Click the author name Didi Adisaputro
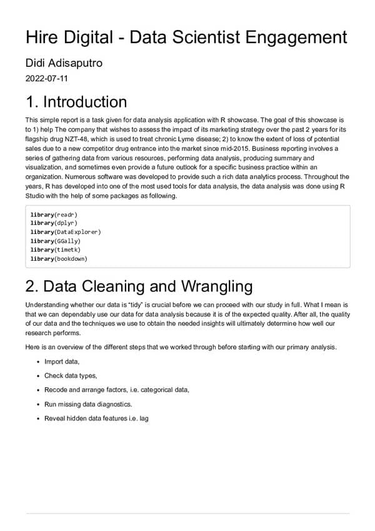[x=64, y=64]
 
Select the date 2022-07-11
[x=47, y=79]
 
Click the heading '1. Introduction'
[x=76, y=102]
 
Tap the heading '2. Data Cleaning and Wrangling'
[x=139, y=286]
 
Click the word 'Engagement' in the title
[x=297, y=37]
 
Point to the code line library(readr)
[x=54, y=215]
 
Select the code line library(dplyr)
[x=54, y=223]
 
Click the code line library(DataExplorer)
[x=66, y=232]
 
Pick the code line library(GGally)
[x=56, y=241]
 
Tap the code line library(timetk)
[x=56, y=250]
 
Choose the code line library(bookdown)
[x=59, y=258]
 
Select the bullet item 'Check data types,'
[x=71, y=375]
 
